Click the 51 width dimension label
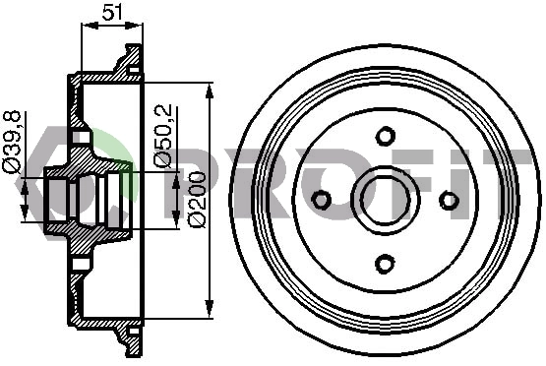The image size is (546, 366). (112, 13)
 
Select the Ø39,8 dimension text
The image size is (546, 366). (13, 142)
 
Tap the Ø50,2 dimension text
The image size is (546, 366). (162, 136)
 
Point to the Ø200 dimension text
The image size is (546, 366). (197, 200)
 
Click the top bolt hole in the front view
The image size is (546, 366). (386, 136)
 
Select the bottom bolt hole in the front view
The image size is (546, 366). (385, 264)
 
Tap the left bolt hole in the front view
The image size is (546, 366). (321, 201)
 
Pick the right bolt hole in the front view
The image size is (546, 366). (450, 201)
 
